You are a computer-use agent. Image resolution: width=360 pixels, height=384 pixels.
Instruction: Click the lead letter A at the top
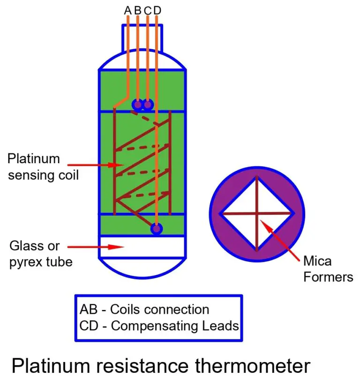tap(127, 10)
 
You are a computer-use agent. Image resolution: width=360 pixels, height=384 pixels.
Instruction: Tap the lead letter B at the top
tap(138, 10)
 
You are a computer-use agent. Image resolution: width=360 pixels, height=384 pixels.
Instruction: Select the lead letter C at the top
tap(148, 10)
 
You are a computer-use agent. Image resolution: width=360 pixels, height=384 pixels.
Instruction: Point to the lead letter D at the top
tap(157, 10)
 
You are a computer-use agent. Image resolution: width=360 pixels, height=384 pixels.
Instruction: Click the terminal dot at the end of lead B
tap(137, 104)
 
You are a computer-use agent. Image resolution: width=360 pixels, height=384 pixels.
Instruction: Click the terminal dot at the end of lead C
tap(148, 104)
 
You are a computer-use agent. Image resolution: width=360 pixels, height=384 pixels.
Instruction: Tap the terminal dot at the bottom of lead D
tap(156, 228)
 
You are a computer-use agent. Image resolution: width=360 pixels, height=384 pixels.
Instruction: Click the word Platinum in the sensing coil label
tap(34, 158)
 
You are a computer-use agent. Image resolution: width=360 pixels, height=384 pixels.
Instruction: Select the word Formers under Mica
tap(328, 277)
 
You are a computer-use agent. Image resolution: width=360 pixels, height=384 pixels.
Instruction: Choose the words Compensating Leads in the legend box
tap(175, 326)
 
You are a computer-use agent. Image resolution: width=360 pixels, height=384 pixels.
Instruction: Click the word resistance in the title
tap(140, 366)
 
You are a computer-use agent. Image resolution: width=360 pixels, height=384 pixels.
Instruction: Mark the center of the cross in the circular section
tap(257, 214)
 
